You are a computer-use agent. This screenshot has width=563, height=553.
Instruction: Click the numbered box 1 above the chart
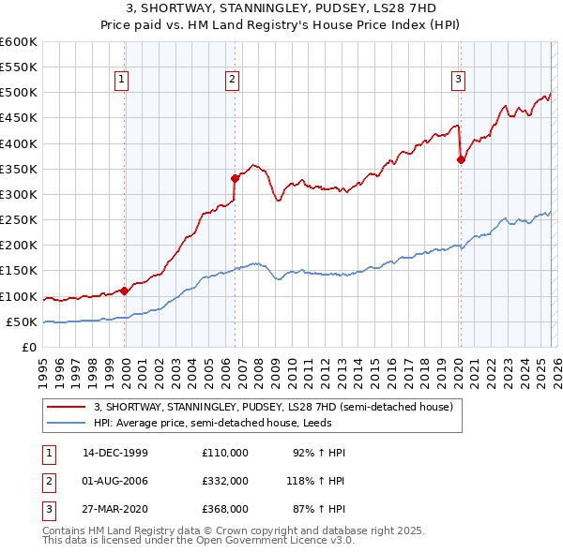122,81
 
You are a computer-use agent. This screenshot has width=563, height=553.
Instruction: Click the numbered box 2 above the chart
231,81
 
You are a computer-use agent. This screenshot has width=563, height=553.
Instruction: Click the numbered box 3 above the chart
458,81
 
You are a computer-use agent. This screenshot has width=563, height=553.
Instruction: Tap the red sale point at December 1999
125,291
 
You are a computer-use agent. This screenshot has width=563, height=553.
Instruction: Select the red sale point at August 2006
235,177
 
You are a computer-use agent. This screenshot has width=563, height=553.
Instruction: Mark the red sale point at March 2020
461,159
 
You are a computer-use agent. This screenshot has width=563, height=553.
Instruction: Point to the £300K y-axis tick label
18,194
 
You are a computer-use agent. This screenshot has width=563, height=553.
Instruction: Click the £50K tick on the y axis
21,321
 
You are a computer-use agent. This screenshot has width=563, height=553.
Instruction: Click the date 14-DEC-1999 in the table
114,453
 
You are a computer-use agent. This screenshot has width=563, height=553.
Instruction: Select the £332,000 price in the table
225,481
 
